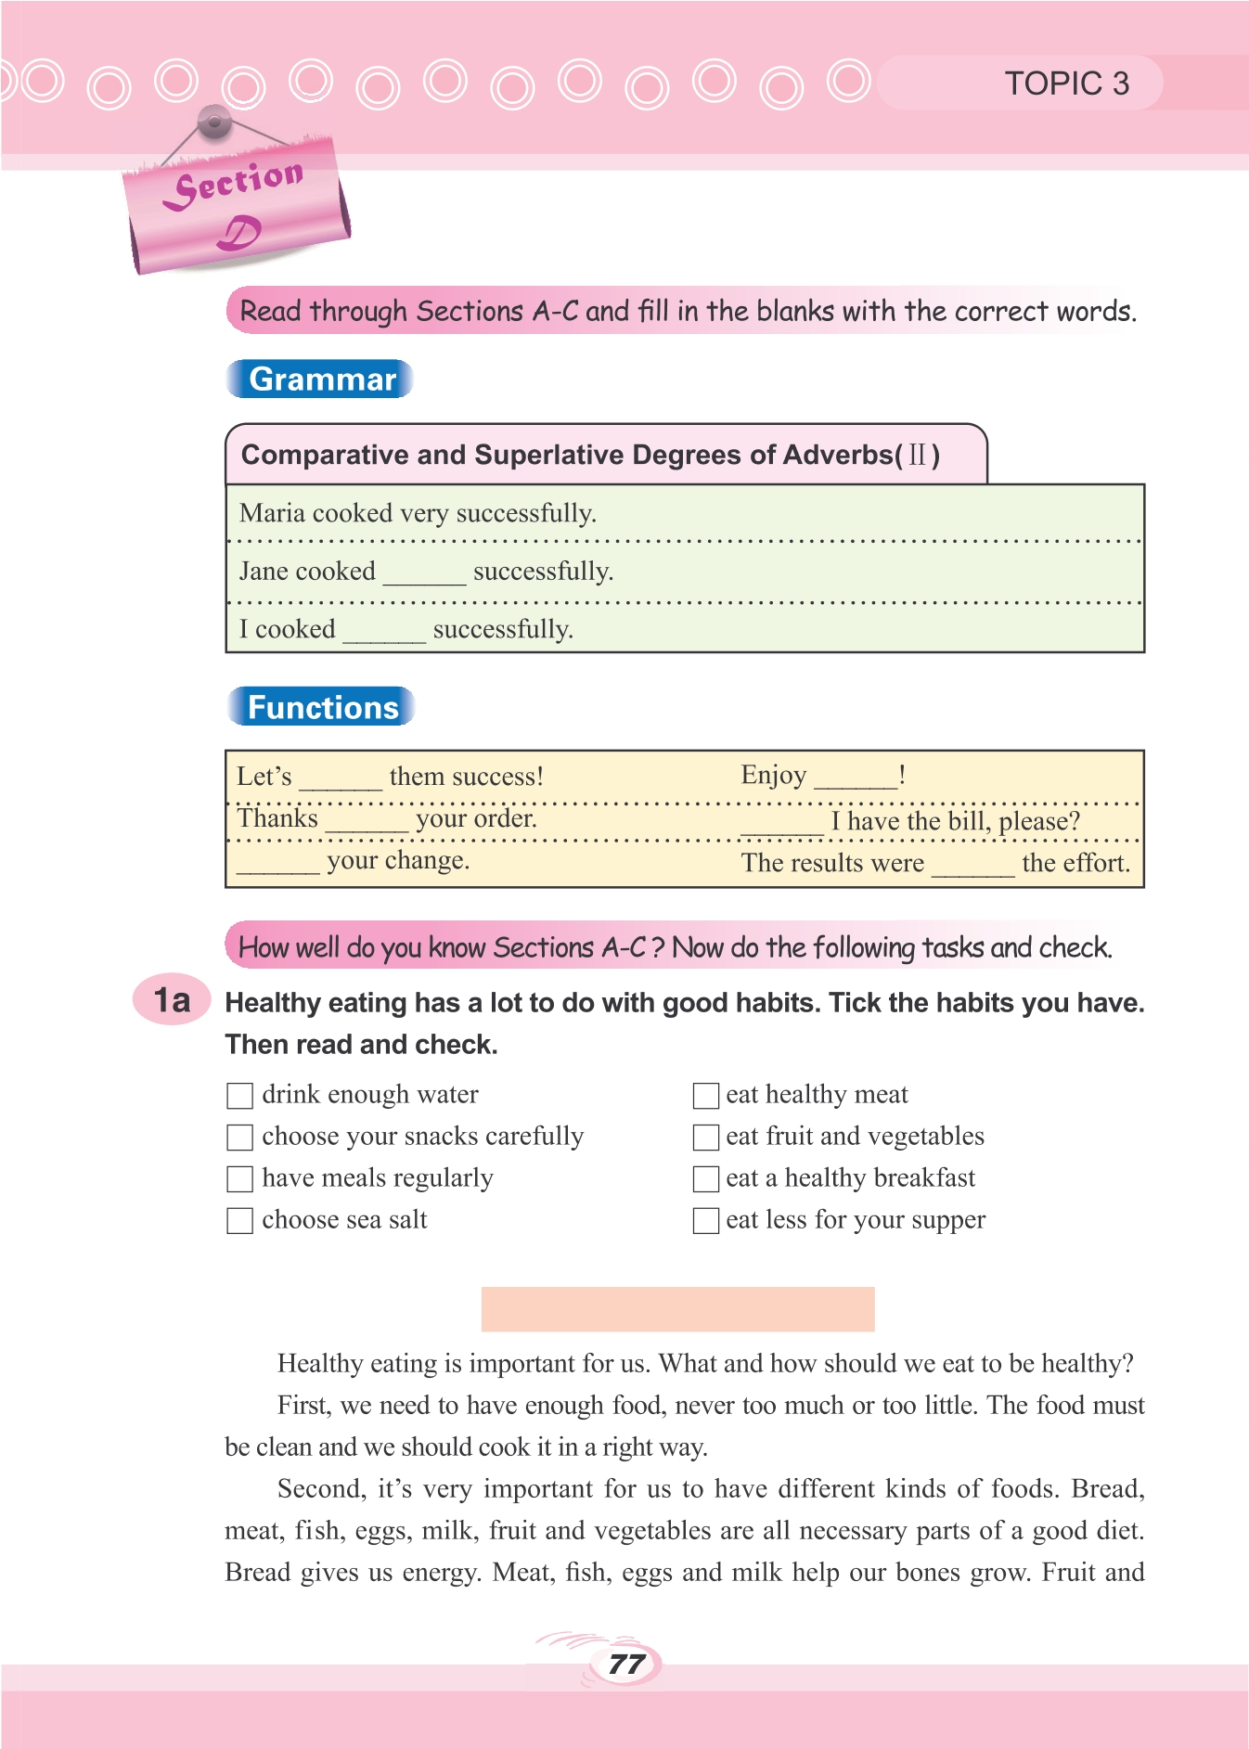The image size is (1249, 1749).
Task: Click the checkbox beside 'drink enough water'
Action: [x=240, y=1095]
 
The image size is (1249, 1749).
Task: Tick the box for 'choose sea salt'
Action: [x=240, y=1220]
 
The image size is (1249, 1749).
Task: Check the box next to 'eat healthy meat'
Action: [x=706, y=1095]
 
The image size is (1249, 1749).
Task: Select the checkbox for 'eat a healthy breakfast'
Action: [x=706, y=1178]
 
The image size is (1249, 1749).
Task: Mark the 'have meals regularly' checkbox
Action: [x=240, y=1178]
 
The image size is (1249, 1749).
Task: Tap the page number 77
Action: [x=626, y=1664]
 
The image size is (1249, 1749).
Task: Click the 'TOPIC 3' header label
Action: [x=1067, y=84]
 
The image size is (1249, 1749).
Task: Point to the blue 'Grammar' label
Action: [x=321, y=379]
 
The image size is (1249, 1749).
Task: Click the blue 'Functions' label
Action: [x=322, y=707]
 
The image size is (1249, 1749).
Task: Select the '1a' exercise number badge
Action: [x=172, y=1000]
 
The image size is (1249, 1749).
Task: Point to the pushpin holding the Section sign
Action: [x=214, y=121]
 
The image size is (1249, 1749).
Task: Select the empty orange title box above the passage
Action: [x=677, y=1308]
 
